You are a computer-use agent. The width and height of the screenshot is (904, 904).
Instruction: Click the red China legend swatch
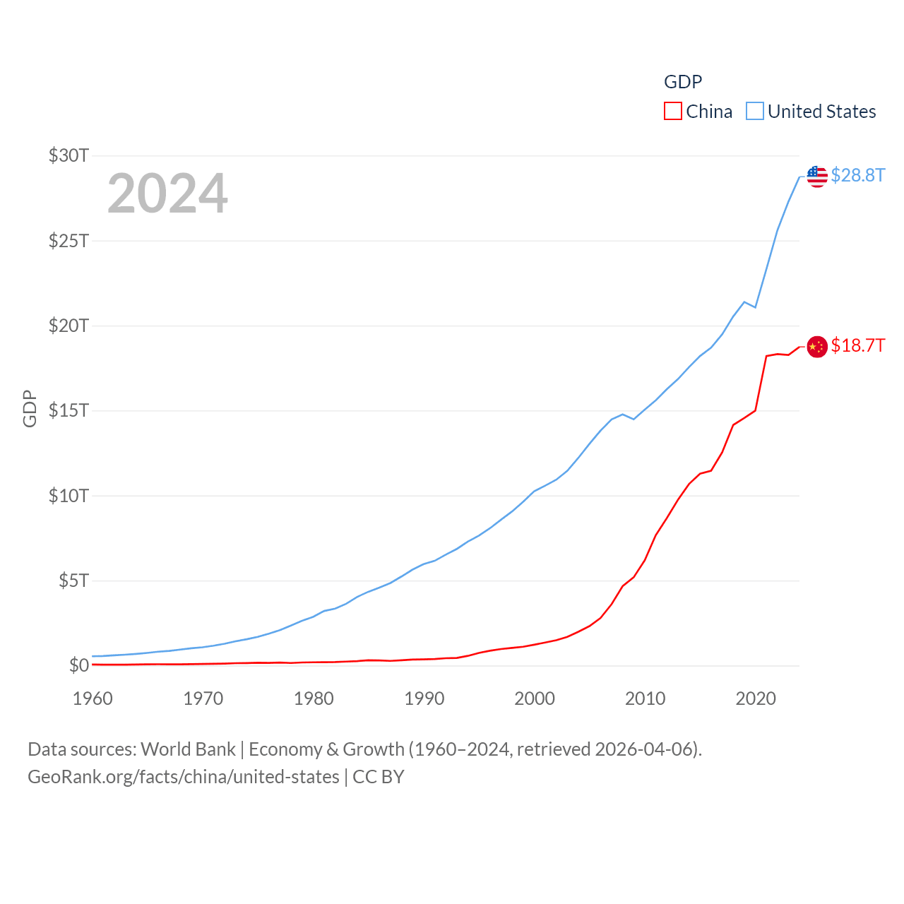[672, 112]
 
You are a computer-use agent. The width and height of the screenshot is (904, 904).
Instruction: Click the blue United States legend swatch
[754, 112]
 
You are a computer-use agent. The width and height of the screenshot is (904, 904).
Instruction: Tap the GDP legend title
[682, 82]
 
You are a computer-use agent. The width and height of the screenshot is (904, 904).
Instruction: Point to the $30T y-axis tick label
[69, 155]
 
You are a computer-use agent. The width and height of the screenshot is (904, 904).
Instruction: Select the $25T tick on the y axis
[69, 241]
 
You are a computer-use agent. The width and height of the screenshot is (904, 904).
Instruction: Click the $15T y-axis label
[69, 410]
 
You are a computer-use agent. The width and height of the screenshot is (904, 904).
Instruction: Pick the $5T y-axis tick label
[73, 581]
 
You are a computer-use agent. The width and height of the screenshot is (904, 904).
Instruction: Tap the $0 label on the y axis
[78, 665]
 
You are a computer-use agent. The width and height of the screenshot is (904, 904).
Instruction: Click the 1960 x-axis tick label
[93, 698]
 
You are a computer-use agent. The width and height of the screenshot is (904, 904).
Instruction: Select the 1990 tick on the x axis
[424, 698]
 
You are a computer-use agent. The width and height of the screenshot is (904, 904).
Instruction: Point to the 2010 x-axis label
[645, 698]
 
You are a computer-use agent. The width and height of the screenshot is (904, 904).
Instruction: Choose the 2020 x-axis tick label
[756, 698]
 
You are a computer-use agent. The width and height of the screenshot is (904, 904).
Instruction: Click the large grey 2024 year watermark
[167, 194]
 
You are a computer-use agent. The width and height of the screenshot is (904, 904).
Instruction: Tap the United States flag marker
[817, 177]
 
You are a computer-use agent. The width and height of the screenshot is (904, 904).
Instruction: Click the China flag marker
[817, 347]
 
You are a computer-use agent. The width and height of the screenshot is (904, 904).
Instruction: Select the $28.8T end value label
[857, 175]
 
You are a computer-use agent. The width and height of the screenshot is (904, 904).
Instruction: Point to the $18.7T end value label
[857, 345]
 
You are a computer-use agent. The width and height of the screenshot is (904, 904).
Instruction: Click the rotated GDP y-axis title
[30, 408]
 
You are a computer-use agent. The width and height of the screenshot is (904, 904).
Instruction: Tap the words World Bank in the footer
[188, 749]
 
